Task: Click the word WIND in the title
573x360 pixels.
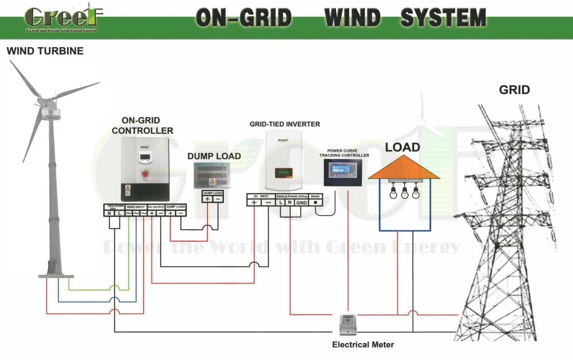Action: pyautogui.click(x=352, y=18)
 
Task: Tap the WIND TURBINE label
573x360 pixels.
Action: pyautogui.click(x=45, y=51)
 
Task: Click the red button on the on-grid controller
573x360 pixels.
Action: pyautogui.click(x=145, y=174)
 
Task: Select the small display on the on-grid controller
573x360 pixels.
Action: pyautogui.click(x=145, y=158)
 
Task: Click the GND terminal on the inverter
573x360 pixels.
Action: pyautogui.click(x=302, y=203)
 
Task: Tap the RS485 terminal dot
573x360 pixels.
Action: pyautogui.click(x=316, y=202)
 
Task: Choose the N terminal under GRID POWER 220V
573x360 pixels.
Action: pyautogui.click(x=109, y=213)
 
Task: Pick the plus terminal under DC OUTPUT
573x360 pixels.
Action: pyautogui.click(x=152, y=213)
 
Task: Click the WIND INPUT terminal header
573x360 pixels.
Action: pyautogui.click(x=136, y=207)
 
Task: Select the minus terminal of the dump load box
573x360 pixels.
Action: pyautogui.click(x=218, y=199)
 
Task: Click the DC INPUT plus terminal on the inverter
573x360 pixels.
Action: pyautogui.click(x=254, y=202)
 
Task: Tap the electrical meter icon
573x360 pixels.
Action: pyautogui.click(x=348, y=325)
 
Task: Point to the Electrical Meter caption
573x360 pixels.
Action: pyautogui.click(x=363, y=345)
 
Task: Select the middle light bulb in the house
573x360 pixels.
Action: pyautogui.click(x=405, y=193)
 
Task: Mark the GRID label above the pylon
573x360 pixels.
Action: pyautogui.click(x=514, y=90)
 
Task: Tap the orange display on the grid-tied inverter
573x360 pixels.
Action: pyautogui.click(x=284, y=172)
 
